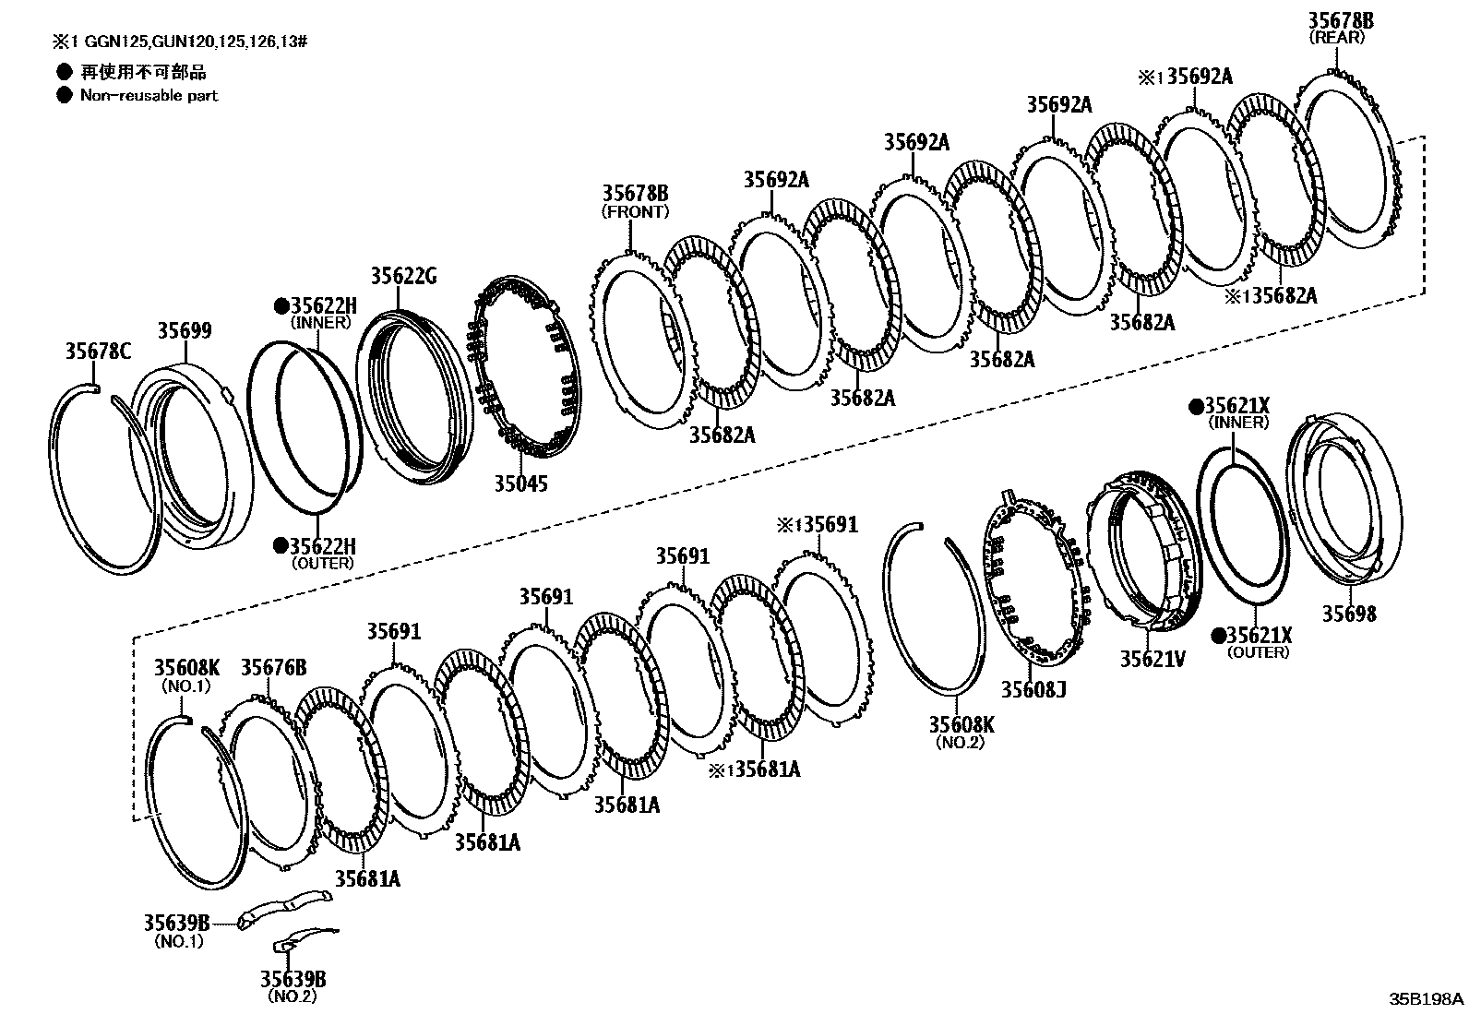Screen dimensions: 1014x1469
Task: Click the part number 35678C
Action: click(x=98, y=352)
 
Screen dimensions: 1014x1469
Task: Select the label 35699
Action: click(x=184, y=331)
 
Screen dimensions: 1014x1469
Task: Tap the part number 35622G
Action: click(x=403, y=276)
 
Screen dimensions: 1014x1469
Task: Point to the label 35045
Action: click(x=520, y=483)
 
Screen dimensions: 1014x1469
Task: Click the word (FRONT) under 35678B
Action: click(x=635, y=211)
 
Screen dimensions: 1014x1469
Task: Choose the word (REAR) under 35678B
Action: click(x=1341, y=38)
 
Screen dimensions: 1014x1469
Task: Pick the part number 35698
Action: click(x=1348, y=614)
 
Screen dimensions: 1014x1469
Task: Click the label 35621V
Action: click(x=1153, y=659)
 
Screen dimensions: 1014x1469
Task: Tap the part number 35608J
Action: click(x=1033, y=688)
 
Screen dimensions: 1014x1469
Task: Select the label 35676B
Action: click(x=273, y=667)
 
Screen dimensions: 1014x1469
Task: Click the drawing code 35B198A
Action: click(x=1427, y=998)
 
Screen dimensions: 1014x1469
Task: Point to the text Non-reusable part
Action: click(x=149, y=95)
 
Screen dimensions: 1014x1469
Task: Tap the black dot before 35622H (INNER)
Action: click(x=281, y=305)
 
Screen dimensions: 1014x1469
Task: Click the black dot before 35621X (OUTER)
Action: click(x=1218, y=635)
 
